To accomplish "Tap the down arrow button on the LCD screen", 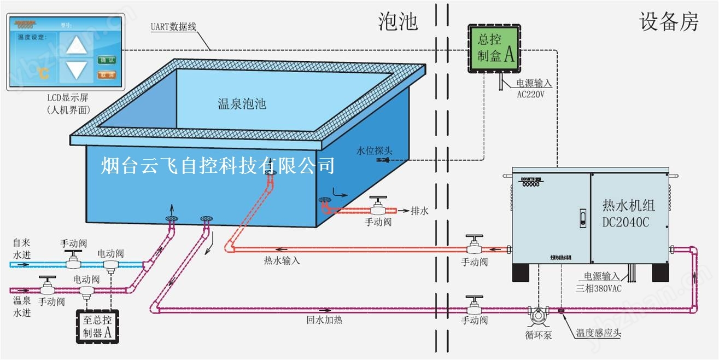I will [x=76, y=69].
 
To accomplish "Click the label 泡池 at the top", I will [x=398, y=21].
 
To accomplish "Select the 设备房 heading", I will [x=669, y=22].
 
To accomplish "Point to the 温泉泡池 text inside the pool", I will [x=242, y=103].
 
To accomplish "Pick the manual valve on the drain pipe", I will [x=378, y=207].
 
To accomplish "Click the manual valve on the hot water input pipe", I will [x=474, y=246].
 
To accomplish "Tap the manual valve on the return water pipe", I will [x=474, y=306].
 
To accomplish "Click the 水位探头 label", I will [x=375, y=150].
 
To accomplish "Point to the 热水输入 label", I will [x=282, y=260].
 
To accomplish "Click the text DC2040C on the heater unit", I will [x=628, y=222].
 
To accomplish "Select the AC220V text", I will [x=530, y=94].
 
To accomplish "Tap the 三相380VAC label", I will [x=598, y=288].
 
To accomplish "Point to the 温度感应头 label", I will [x=599, y=333].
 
